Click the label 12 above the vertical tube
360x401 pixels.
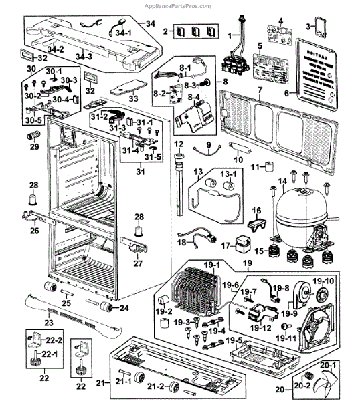click(x=179, y=144)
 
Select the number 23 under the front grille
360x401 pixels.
click(x=48, y=322)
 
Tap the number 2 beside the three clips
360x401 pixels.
click(x=165, y=31)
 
